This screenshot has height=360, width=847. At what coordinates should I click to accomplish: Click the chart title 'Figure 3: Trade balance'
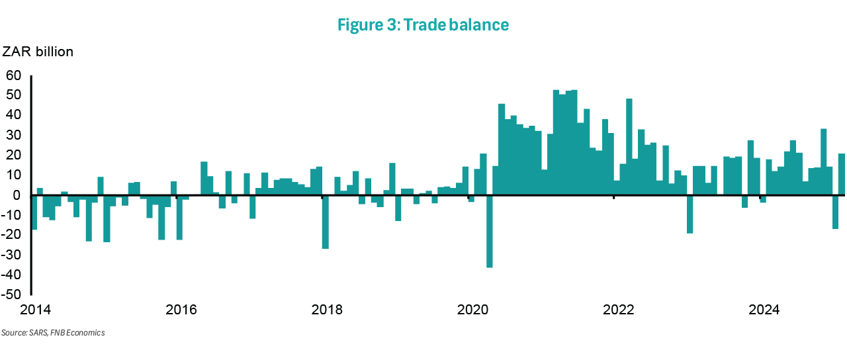[x=423, y=25]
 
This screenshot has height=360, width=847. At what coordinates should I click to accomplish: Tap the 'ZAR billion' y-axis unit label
[x=38, y=52]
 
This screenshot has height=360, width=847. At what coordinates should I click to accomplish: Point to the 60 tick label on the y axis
[x=14, y=75]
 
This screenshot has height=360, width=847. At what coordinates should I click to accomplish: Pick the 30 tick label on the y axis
[x=14, y=135]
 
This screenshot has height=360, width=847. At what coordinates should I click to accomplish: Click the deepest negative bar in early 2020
[x=489, y=231]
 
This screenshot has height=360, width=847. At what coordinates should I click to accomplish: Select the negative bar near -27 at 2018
[x=325, y=222]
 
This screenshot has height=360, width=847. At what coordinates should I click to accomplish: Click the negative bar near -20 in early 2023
[x=690, y=214]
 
